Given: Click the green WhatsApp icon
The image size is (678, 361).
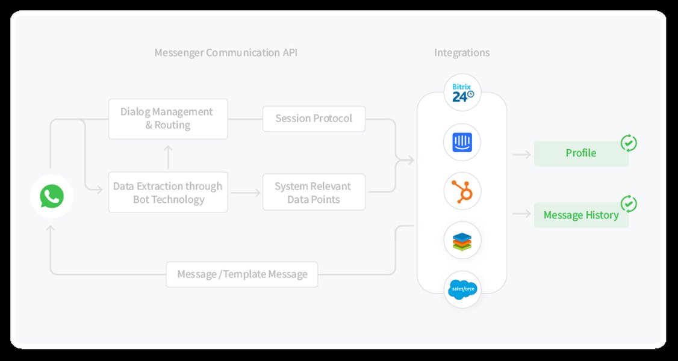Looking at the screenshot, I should pyautogui.click(x=52, y=196).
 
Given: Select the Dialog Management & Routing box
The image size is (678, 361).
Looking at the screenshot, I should pyautogui.click(x=168, y=119).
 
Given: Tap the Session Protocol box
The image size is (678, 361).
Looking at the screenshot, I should pyautogui.click(x=314, y=119).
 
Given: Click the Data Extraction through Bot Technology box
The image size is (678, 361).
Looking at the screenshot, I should pyautogui.click(x=168, y=193).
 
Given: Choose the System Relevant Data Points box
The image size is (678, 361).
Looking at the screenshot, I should pyautogui.click(x=314, y=193).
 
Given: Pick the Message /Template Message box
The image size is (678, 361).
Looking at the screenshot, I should pyautogui.click(x=242, y=274).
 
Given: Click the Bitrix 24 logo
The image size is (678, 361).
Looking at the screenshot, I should pyautogui.click(x=462, y=92).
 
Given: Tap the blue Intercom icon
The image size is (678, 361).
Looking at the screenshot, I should pyautogui.click(x=462, y=143).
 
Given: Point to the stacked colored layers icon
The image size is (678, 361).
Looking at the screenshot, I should pyautogui.click(x=462, y=241).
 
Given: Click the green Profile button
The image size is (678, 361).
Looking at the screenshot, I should pyautogui.click(x=581, y=153).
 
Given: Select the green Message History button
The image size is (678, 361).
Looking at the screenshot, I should pyautogui.click(x=581, y=215).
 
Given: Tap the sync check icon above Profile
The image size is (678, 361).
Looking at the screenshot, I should pyautogui.click(x=629, y=143).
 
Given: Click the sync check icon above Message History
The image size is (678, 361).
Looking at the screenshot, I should pyautogui.click(x=629, y=204).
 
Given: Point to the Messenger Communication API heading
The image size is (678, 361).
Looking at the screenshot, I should pyautogui.click(x=226, y=53).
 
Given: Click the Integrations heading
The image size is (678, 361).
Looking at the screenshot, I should pyautogui.click(x=462, y=53).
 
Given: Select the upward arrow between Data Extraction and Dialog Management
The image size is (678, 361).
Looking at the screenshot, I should pyautogui.click(x=168, y=156).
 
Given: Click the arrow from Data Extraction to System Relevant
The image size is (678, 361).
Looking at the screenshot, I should pyautogui.click(x=244, y=193).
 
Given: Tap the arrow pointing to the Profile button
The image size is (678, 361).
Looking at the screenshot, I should pyautogui.click(x=521, y=155).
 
